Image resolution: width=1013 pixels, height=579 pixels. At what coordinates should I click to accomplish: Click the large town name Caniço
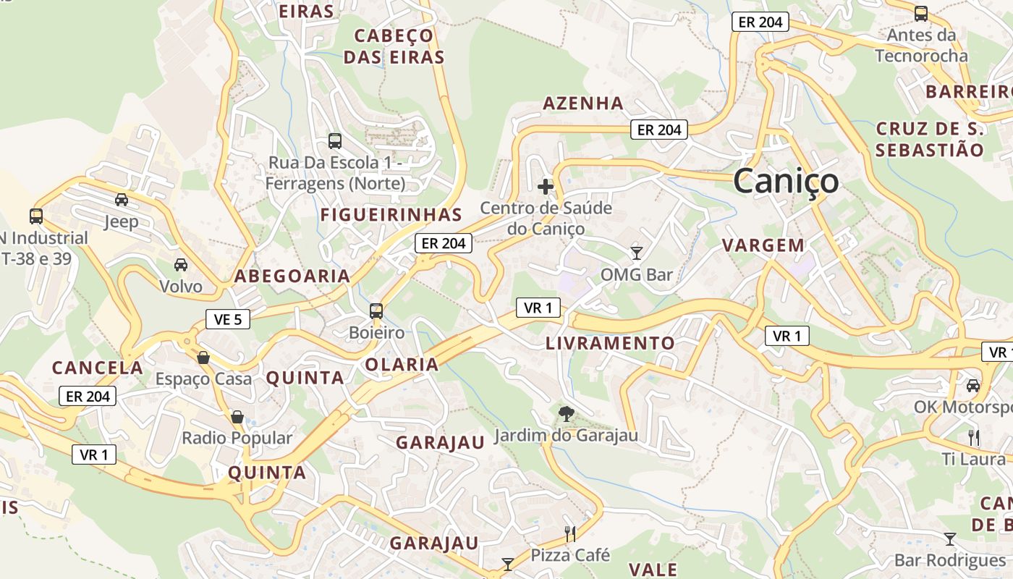pyautogui.click(x=786, y=181)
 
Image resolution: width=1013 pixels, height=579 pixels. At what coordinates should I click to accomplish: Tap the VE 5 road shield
pyautogui.click(x=228, y=318)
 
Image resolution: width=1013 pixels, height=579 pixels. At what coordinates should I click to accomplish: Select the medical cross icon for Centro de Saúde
pyautogui.click(x=546, y=187)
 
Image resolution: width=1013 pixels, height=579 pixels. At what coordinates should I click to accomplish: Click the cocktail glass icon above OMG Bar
pyautogui.click(x=637, y=253)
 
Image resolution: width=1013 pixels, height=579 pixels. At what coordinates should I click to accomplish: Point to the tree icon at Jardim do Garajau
pyautogui.click(x=567, y=414)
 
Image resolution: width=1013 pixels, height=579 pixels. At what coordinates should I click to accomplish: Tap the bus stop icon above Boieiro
pyautogui.click(x=376, y=311)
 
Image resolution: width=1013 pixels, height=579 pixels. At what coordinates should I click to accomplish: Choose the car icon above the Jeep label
pyautogui.click(x=122, y=200)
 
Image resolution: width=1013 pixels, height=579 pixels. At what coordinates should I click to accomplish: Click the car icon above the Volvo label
pyautogui.click(x=180, y=265)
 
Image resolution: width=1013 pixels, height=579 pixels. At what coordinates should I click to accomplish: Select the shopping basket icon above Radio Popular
pyautogui.click(x=237, y=417)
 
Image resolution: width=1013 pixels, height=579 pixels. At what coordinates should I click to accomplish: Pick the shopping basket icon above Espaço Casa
pyautogui.click(x=203, y=358)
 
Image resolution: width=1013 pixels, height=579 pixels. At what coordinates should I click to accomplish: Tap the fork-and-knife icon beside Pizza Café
pyautogui.click(x=570, y=534)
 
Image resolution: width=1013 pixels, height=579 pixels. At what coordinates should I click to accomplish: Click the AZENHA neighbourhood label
pyautogui.click(x=583, y=103)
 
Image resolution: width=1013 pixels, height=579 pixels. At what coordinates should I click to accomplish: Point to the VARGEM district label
pyautogui.click(x=763, y=245)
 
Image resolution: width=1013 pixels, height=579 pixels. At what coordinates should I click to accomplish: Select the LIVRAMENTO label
pyautogui.click(x=610, y=343)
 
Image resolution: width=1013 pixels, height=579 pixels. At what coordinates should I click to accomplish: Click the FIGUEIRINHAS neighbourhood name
pyautogui.click(x=391, y=215)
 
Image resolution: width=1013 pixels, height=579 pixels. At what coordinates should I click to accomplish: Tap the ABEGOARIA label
pyautogui.click(x=292, y=276)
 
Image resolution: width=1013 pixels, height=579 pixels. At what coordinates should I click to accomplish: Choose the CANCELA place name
pyautogui.click(x=98, y=368)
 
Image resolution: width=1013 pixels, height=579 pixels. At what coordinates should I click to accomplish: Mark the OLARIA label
pyautogui.click(x=402, y=365)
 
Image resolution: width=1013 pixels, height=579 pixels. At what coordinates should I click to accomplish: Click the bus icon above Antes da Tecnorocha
pyautogui.click(x=921, y=13)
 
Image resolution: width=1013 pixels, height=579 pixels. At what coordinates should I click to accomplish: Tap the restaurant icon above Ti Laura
pyautogui.click(x=974, y=437)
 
